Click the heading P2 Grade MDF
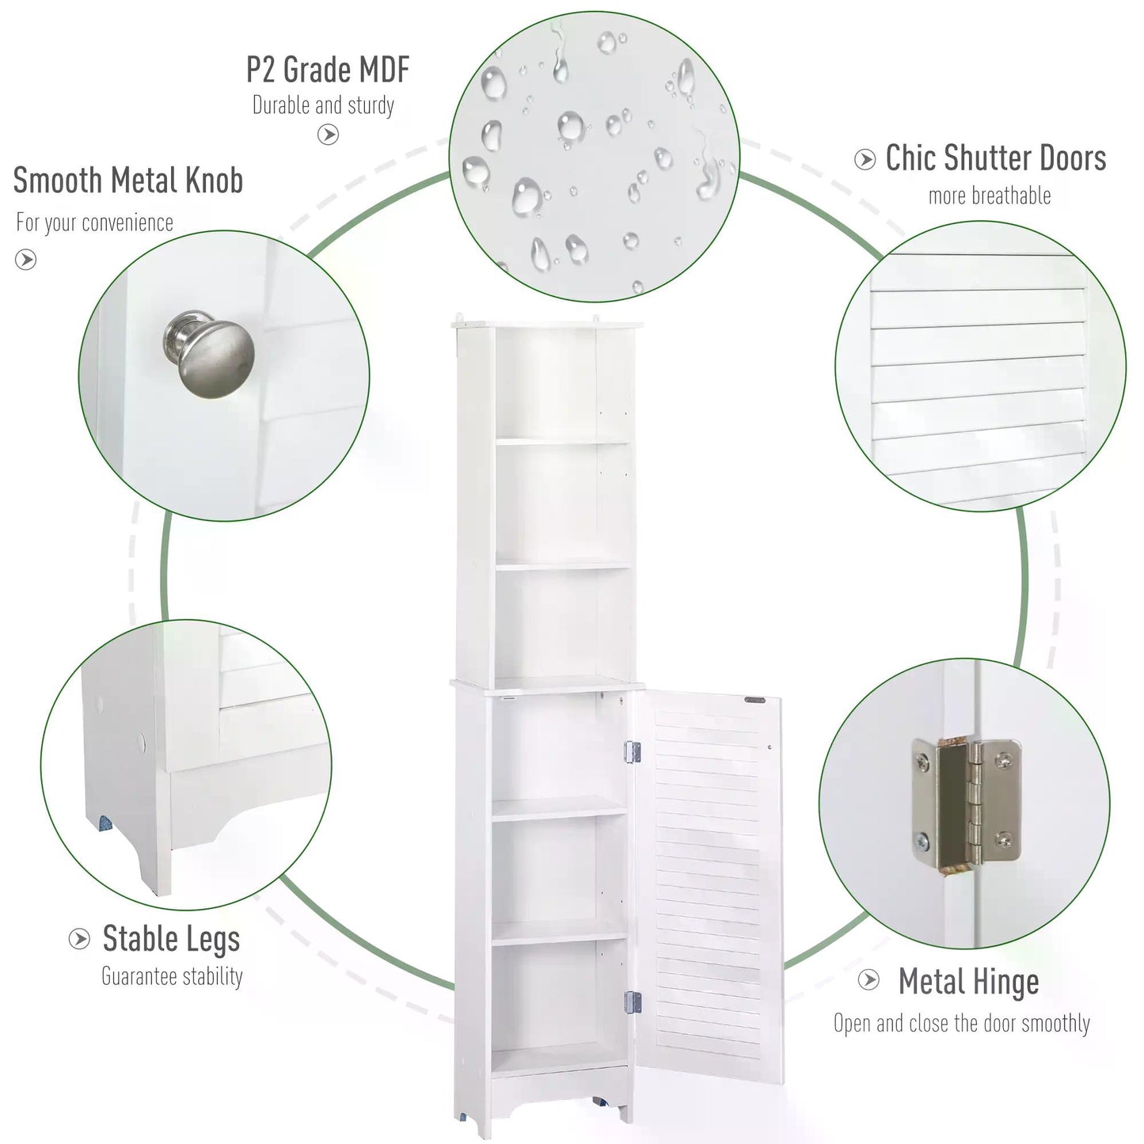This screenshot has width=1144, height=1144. click(x=328, y=70)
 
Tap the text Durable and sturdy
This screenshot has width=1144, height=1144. click(x=324, y=105)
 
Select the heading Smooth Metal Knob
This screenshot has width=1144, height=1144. click(x=128, y=180)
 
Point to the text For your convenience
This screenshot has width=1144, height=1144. click(x=95, y=222)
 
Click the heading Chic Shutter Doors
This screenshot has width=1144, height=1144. click(x=996, y=158)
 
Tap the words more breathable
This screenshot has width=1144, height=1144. click(x=990, y=196)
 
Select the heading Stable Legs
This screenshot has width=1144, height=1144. click(x=172, y=940)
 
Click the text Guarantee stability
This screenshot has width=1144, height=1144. click(x=172, y=977)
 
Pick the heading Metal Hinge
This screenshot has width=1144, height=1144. click(x=969, y=982)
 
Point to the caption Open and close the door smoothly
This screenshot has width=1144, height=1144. click(x=962, y=1024)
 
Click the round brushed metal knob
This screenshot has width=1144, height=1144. click(x=210, y=353)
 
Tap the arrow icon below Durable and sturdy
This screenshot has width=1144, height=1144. click(x=329, y=135)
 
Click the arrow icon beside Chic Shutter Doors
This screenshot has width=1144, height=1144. click(x=865, y=159)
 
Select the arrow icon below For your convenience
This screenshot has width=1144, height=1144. click(x=25, y=260)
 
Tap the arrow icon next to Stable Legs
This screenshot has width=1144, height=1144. click(x=79, y=939)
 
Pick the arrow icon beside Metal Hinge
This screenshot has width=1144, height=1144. click(x=869, y=980)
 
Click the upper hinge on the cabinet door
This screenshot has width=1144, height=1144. click(x=633, y=752)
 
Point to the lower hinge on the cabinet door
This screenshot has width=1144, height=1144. click(x=633, y=1002)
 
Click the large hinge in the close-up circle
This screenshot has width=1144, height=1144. click(x=967, y=805)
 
